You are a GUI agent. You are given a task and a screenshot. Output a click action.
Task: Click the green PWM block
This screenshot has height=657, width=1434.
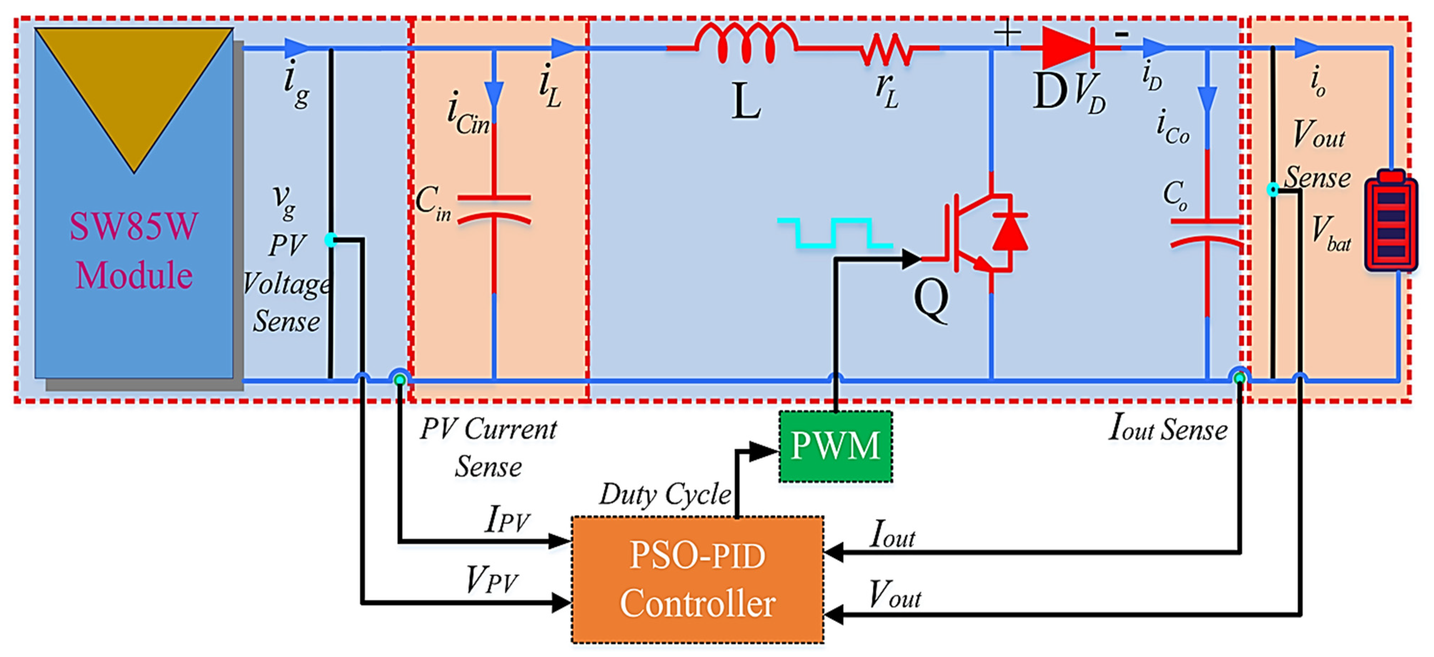(x=835, y=446)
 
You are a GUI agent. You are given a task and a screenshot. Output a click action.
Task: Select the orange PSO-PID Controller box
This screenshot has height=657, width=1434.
(x=698, y=580)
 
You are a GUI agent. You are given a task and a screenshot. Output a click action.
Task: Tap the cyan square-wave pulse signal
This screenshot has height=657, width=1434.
(x=835, y=232)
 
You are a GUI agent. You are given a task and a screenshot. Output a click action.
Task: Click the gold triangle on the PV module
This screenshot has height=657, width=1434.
(x=134, y=84)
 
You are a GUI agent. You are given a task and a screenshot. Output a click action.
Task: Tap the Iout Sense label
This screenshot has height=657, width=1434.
(x=1167, y=428)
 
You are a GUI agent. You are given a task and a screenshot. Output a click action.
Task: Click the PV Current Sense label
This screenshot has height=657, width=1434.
(x=488, y=447)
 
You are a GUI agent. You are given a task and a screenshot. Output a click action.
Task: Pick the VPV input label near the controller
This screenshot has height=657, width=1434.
(x=491, y=580)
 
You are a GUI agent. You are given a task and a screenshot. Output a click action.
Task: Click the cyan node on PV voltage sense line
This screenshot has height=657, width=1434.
(x=331, y=240)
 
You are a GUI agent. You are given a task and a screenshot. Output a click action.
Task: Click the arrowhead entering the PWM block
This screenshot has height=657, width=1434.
(x=764, y=451)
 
